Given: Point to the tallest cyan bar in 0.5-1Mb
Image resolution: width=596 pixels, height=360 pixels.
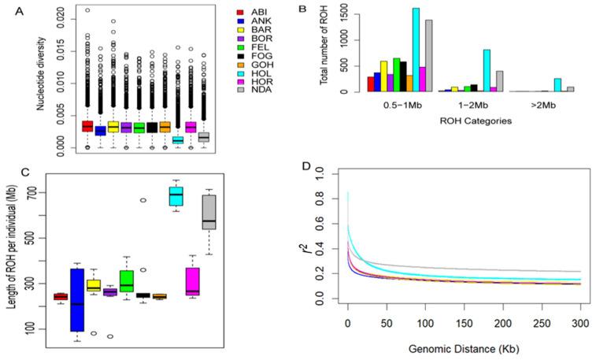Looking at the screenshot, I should [x=416, y=50].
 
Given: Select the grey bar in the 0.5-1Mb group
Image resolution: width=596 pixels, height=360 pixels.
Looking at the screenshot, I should [x=429, y=56].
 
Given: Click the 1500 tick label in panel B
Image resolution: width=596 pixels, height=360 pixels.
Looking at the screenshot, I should [x=346, y=10].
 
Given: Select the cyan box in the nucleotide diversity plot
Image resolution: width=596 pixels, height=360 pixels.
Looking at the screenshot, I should [x=179, y=139].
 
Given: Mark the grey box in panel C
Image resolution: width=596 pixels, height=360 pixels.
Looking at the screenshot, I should [x=209, y=219].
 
